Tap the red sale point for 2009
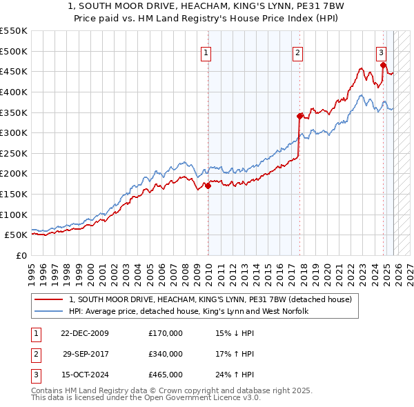[208, 186]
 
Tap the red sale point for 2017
[299, 116]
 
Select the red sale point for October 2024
[383, 65]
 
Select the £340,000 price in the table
[166, 354]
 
